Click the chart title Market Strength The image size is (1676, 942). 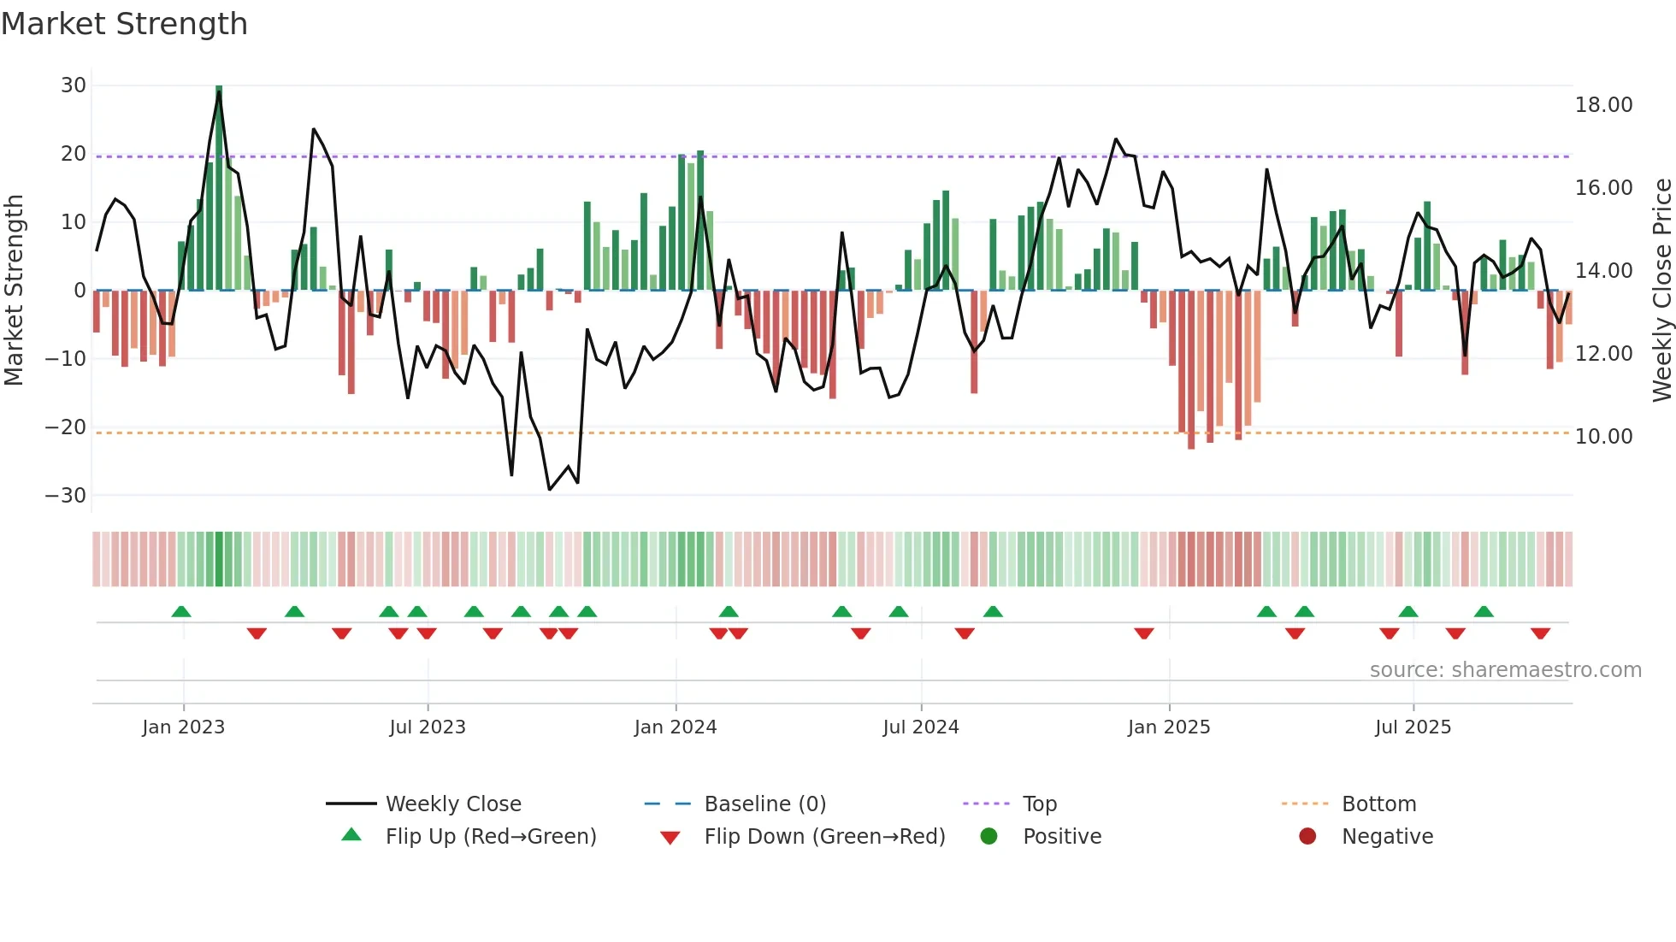(x=124, y=24)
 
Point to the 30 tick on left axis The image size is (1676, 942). (x=74, y=85)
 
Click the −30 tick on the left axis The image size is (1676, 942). (x=66, y=496)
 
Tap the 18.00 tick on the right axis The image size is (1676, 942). (x=1603, y=105)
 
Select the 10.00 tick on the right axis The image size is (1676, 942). (x=1603, y=437)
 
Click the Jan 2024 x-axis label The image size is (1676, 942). (x=676, y=727)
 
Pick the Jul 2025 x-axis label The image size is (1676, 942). (x=1413, y=727)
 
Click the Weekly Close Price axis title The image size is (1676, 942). (x=1661, y=291)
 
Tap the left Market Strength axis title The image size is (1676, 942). (x=14, y=291)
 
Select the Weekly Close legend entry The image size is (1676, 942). (x=452, y=804)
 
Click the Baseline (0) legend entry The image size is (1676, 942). (x=764, y=804)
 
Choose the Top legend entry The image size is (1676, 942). (x=1039, y=804)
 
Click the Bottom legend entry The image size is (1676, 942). (x=1378, y=804)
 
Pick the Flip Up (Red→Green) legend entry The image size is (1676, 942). (x=490, y=837)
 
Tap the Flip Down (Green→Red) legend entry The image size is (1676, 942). (x=824, y=837)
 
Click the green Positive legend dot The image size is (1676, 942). (x=989, y=837)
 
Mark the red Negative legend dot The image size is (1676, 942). (x=1307, y=837)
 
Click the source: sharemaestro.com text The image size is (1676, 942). (x=1505, y=670)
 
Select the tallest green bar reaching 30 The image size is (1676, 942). (x=219, y=188)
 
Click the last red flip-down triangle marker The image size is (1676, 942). (x=1540, y=633)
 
